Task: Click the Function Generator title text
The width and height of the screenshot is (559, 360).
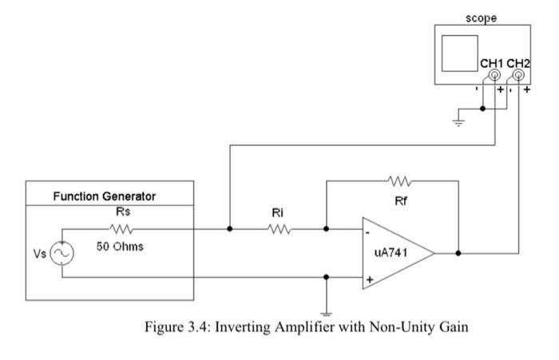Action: [x=105, y=196]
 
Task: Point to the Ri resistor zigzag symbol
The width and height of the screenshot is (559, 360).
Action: [x=279, y=229]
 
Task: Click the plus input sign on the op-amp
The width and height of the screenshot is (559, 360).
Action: [x=369, y=280]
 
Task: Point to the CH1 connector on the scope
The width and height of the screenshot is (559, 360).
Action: [x=494, y=76]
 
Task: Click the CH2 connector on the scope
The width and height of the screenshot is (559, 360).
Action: [x=518, y=76]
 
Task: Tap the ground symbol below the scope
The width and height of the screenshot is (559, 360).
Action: [x=458, y=122]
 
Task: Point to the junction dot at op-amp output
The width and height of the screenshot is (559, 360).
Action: [x=458, y=254]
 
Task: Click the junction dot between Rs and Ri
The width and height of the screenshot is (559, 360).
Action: [x=230, y=229]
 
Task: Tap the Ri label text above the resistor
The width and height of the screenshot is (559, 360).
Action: [x=278, y=213]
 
